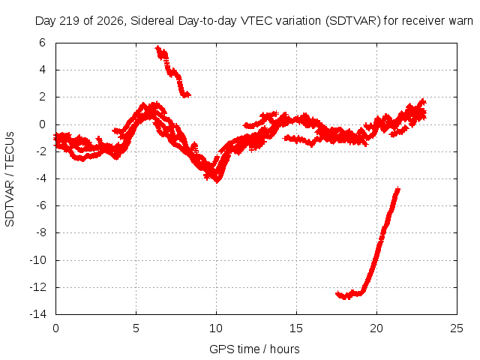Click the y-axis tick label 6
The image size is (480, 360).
(x=42, y=43)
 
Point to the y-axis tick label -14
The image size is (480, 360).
(x=38, y=314)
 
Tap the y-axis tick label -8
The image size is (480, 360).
(x=40, y=232)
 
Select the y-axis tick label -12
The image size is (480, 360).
(x=38, y=287)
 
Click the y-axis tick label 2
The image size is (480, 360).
(x=42, y=97)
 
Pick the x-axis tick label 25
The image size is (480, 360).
(x=457, y=328)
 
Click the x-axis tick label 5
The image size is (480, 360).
(x=136, y=328)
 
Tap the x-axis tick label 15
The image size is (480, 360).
(x=296, y=328)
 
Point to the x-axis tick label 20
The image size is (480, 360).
(x=376, y=328)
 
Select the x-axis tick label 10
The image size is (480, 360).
(x=216, y=328)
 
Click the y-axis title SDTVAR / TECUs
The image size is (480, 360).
(x=10, y=179)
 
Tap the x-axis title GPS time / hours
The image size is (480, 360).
(x=254, y=349)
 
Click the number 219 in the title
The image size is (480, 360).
(x=70, y=21)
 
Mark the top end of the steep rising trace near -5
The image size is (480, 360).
(x=398, y=188)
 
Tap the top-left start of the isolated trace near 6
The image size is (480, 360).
(x=157, y=47)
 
